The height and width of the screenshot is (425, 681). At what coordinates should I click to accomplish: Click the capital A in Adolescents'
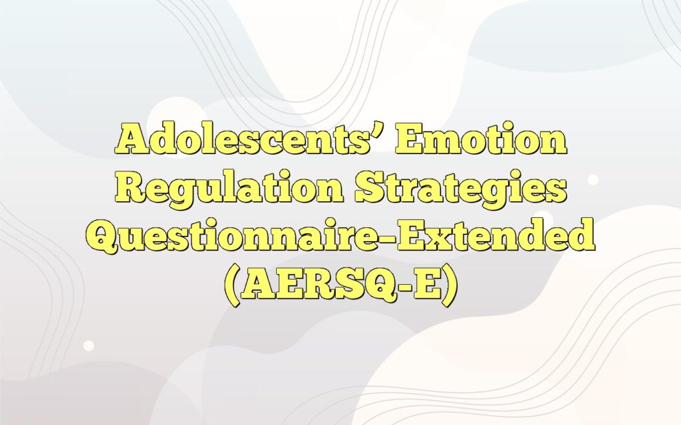pyautogui.click(x=130, y=140)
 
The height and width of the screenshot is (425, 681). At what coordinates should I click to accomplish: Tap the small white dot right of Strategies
pyautogui.click(x=593, y=180)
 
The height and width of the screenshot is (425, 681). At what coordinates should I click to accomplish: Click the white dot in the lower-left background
pyautogui.click(x=88, y=345)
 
